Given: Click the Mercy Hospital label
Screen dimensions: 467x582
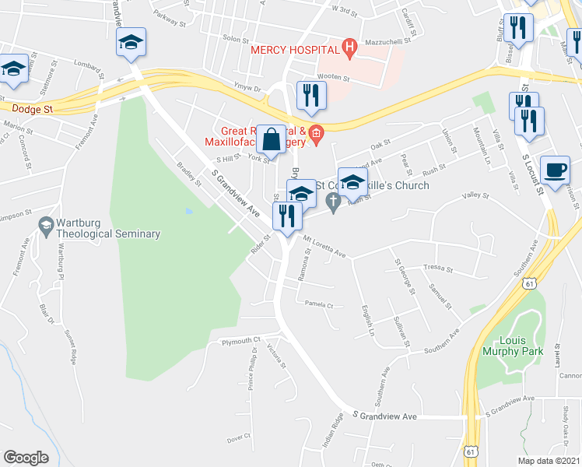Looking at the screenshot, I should (296, 50).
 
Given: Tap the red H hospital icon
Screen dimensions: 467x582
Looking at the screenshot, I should (349, 49).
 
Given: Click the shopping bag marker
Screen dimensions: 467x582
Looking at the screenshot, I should (272, 140).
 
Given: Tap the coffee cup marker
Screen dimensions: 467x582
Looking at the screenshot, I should (556, 170).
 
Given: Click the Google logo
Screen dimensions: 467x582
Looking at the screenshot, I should (26, 458).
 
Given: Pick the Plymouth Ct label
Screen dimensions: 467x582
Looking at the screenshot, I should (240, 341).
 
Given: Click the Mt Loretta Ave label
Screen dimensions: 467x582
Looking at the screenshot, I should (324, 248).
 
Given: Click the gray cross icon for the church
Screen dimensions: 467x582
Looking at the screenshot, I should (333, 203).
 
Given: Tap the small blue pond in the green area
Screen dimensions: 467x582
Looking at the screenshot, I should (189, 211).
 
